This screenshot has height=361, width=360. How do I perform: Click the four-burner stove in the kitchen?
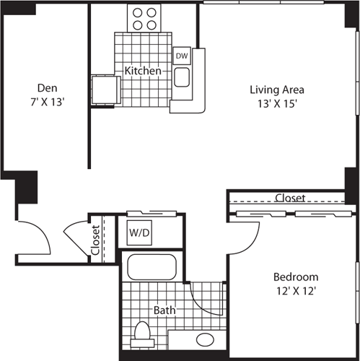[144, 17]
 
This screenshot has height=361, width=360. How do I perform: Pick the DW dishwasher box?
[181, 55]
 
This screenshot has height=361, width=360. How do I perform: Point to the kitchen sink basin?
[181, 77]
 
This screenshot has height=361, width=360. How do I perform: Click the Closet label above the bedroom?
[290, 197]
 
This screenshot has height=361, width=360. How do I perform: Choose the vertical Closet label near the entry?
[96, 241]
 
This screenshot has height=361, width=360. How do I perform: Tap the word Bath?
[164, 310]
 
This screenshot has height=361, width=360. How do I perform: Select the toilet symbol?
[143, 336]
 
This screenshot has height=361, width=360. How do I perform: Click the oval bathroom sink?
[206, 339]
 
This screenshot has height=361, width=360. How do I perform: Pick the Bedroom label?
[295, 277]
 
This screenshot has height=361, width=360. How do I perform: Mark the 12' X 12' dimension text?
[295, 290]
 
